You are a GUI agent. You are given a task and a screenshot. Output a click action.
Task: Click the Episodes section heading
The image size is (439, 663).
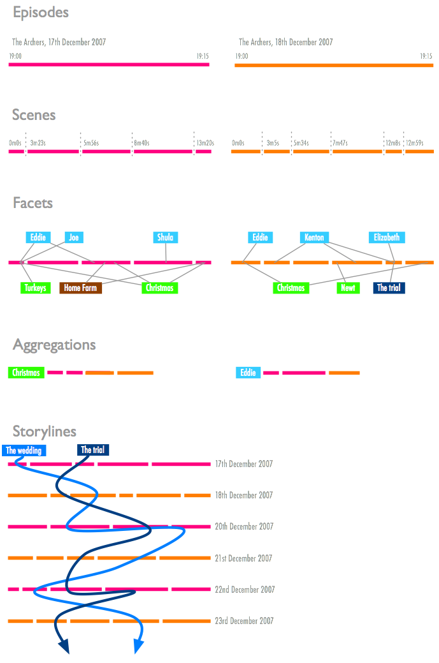(41, 13)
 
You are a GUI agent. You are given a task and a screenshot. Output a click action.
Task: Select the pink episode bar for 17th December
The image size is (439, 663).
(109, 64)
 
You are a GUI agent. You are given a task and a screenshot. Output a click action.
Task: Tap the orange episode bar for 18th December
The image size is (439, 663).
(334, 64)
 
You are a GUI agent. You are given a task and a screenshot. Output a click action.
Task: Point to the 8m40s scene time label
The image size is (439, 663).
(141, 143)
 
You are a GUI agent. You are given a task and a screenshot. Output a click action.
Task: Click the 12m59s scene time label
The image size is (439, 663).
(415, 143)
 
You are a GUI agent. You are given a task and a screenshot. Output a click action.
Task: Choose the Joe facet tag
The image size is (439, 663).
(74, 237)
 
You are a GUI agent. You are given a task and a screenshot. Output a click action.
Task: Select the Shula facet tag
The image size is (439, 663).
(165, 237)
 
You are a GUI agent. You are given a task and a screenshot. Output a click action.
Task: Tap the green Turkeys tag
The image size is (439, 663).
(35, 288)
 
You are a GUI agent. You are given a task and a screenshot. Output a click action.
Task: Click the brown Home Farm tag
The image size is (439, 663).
(80, 288)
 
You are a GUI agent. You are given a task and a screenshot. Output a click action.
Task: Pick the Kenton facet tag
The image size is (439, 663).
(314, 237)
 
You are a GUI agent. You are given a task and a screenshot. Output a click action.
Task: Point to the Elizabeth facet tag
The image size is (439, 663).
(387, 237)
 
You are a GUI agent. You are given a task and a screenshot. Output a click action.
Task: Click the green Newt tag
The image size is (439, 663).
(348, 288)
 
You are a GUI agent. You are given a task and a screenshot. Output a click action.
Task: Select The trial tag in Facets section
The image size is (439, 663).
(389, 288)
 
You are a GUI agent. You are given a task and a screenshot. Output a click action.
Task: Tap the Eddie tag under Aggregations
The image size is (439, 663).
(248, 373)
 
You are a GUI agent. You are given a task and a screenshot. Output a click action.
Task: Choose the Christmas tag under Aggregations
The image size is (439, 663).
(26, 373)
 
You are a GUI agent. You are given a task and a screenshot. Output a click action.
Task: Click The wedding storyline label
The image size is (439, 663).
(24, 451)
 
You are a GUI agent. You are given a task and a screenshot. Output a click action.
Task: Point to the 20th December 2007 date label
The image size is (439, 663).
(244, 526)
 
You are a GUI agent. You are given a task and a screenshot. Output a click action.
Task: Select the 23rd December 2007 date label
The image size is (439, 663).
(244, 621)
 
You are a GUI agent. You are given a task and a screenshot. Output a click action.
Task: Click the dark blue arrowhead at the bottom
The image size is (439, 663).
(64, 648)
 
